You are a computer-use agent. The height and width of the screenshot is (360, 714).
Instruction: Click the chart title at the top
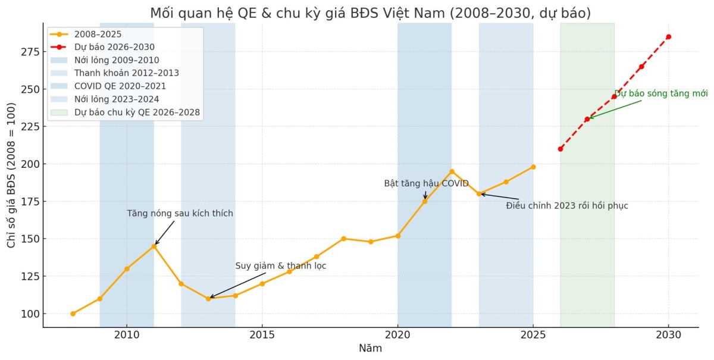(370, 13)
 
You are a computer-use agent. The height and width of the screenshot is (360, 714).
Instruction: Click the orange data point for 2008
(73, 314)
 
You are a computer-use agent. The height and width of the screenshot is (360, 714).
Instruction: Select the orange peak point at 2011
(154, 246)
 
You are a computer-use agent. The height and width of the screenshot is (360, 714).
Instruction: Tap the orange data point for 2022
(452, 171)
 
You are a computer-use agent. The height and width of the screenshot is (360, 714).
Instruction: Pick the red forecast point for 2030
(668, 37)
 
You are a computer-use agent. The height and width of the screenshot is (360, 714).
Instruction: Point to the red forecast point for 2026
(560, 149)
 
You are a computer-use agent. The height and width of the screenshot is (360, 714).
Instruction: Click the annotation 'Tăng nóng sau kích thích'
(180, 214)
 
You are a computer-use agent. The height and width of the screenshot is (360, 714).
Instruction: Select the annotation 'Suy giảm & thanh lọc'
(280, 266)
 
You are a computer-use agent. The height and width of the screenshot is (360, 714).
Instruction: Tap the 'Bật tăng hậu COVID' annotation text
(426, 183)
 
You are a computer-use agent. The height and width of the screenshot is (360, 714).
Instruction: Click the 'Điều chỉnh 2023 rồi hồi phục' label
(566, 206)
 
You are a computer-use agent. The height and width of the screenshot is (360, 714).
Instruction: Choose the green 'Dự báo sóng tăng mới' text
(660, 93)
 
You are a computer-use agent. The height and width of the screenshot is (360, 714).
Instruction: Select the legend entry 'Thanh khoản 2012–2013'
(126, 73)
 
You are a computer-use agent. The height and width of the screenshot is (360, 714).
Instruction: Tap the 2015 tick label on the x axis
(262, 334)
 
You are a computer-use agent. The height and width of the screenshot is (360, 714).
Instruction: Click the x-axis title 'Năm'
(370, 349)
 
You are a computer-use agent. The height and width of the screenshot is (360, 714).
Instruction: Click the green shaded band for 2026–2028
(587, 238)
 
